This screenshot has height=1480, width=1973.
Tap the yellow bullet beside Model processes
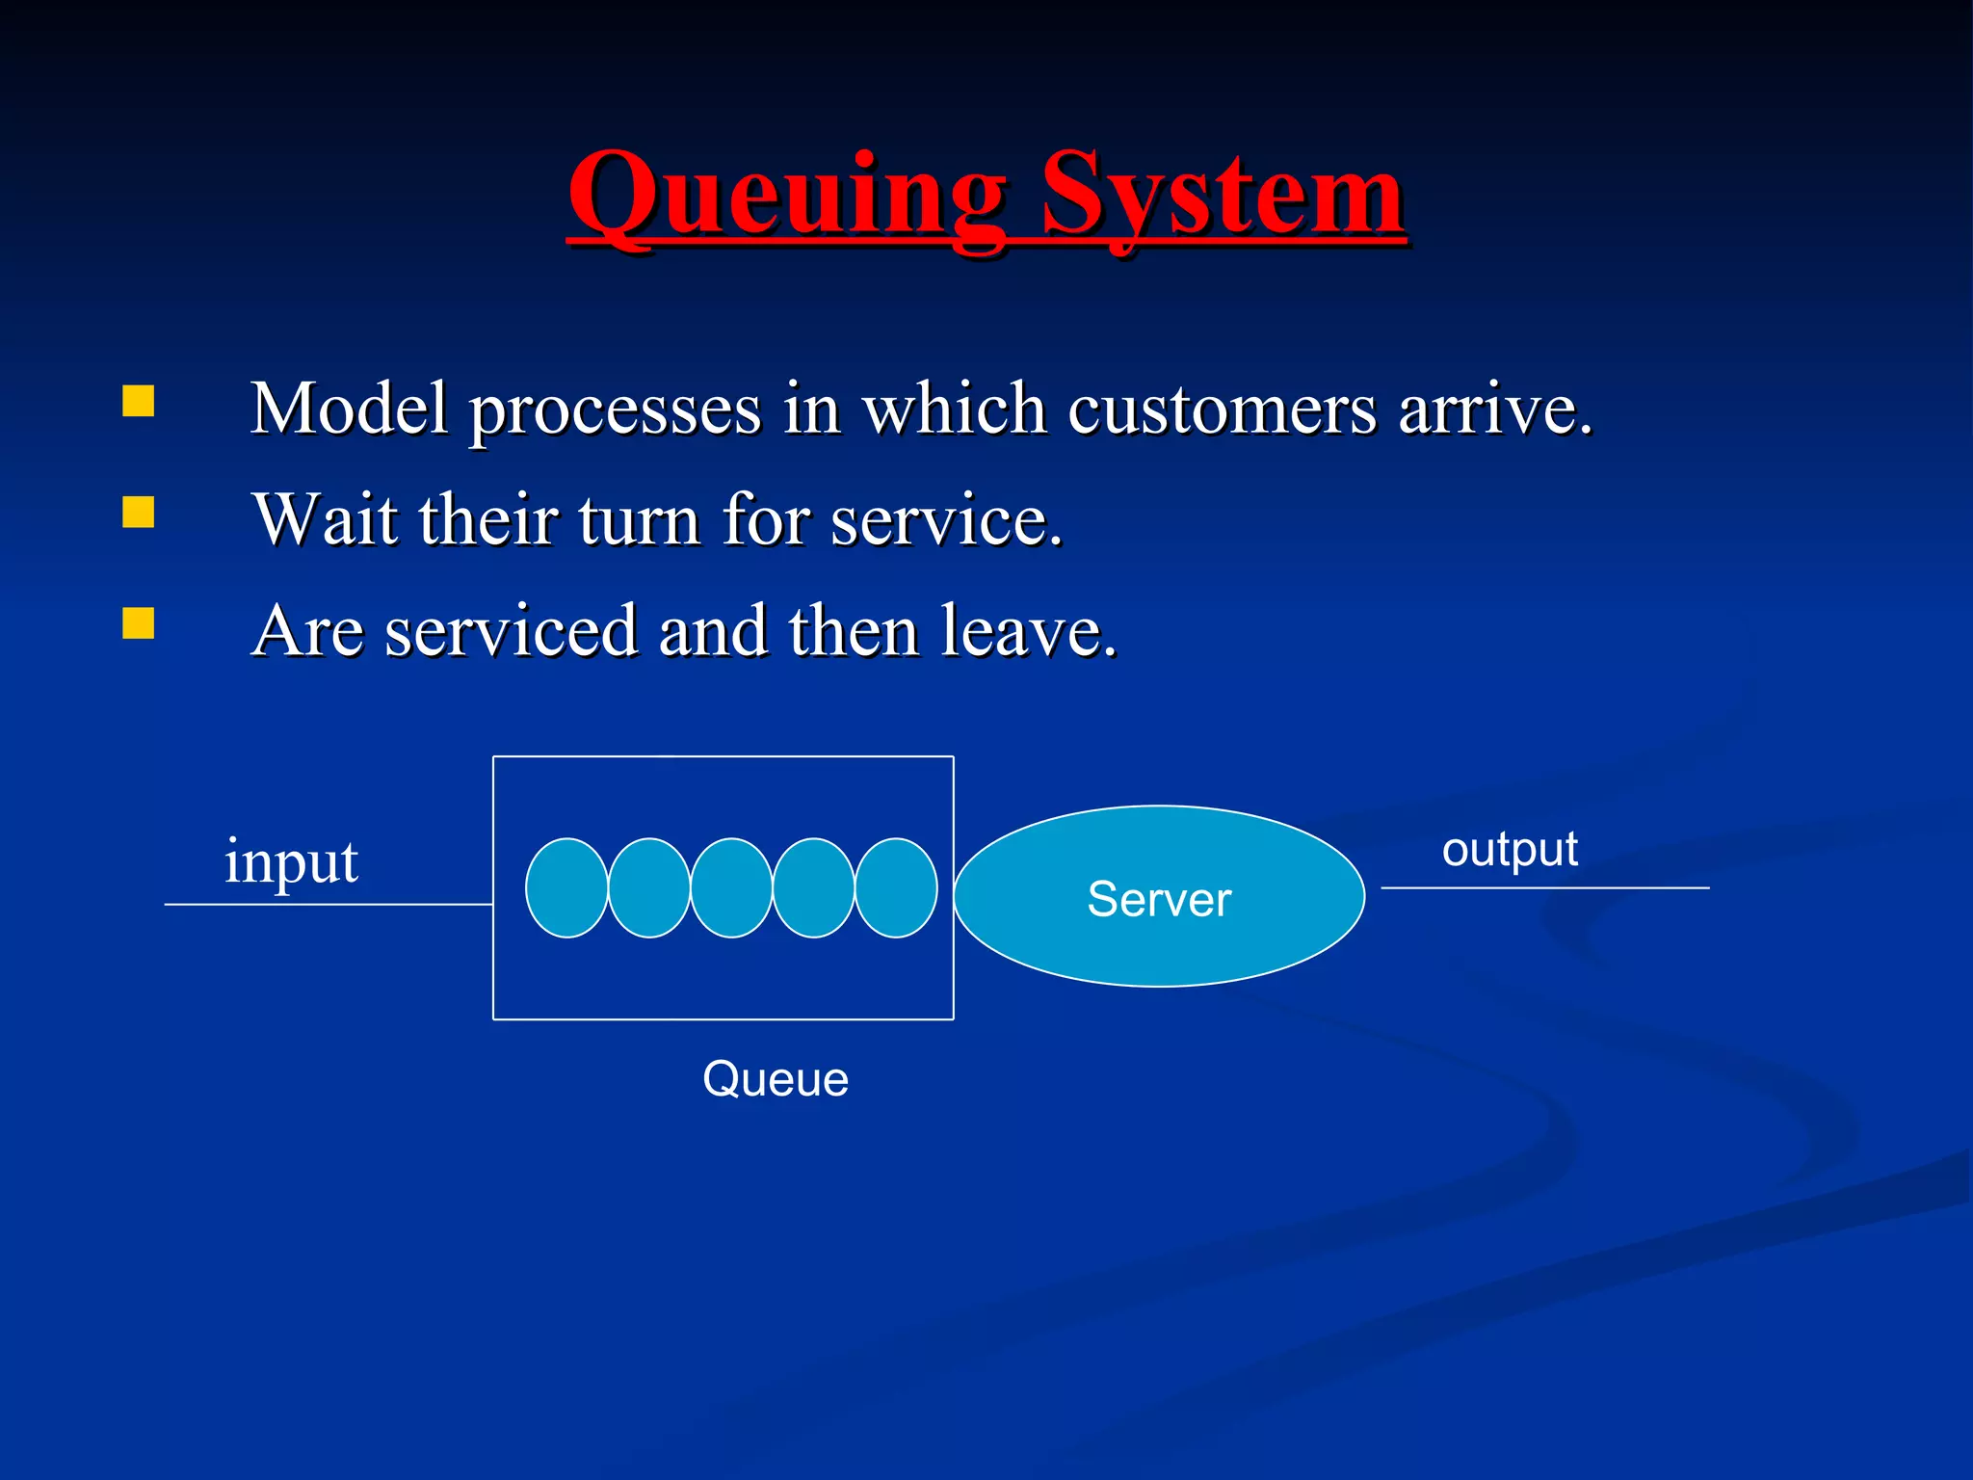tap(139, 401)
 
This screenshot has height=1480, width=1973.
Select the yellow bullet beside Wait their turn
tap(139, 513)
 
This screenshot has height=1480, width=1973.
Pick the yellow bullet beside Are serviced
tap(139, 623)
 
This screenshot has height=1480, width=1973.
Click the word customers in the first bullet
tap(1222, 410)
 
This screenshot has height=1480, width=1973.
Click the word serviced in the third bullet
tap(511, 632)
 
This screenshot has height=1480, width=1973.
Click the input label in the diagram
tap(291, 862)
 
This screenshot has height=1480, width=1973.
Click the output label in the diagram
tap(1510, 850)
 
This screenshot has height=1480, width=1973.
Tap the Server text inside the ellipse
tap(1159, 899)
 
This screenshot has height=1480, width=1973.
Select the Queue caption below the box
tap(776, 1079)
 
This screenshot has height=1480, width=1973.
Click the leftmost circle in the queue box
tap(566, 887)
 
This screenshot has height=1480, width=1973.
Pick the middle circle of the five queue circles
tap(731, 887)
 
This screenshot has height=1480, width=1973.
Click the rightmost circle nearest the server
tap(897, 887)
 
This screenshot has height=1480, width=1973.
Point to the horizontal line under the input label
tap(328, 905)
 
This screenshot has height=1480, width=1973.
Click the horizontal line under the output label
tap(1545, 887)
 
